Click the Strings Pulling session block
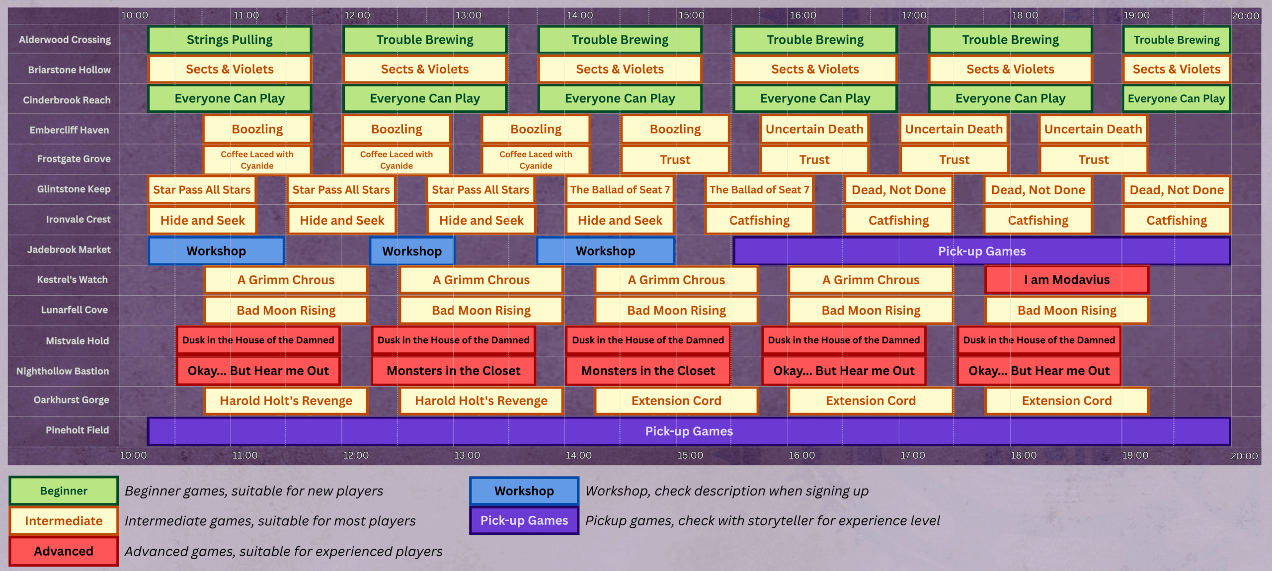(x=230, y=40)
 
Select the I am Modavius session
(x=1066, y=280)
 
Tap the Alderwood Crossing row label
(x=65, y=40)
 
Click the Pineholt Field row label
(x=77, y=430)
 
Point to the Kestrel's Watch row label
(x=72, y=280)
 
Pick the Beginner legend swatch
(x=64, y=491)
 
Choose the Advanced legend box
(x=64, y=551)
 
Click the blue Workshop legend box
(x=524, y=491)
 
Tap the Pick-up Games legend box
(x=524, y=520)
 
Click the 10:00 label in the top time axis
(x=135, y=15)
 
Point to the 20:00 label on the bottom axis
(x=1244, y=456)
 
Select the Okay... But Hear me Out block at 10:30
(x=258, y=371)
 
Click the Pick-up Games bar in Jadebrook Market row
(x=981, y=251)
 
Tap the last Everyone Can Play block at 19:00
(x=1176, y=98)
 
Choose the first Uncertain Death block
(x=814, y=129)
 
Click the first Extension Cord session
(x=676, y=401)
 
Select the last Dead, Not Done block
(x=1176, y=190)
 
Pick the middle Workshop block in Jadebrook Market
(x=411, y=251)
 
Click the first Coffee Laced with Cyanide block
(x=257, y=160)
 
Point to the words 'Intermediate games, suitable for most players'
(x=270, y=521)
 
